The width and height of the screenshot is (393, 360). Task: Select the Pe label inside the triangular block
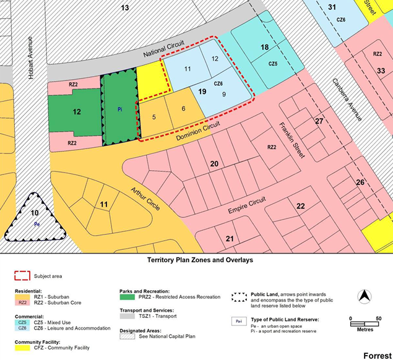click(x=36, y=224)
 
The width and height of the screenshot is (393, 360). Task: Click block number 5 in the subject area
click(x=153, y=116)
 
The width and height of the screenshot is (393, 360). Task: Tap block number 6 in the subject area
click(x=183, y=109)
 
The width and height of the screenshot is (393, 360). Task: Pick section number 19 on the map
click(x=202, y=92)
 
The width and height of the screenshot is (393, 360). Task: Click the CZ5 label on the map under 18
click(x=273, y=63)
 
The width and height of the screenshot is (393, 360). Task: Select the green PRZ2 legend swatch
click(x=127, y=297)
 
